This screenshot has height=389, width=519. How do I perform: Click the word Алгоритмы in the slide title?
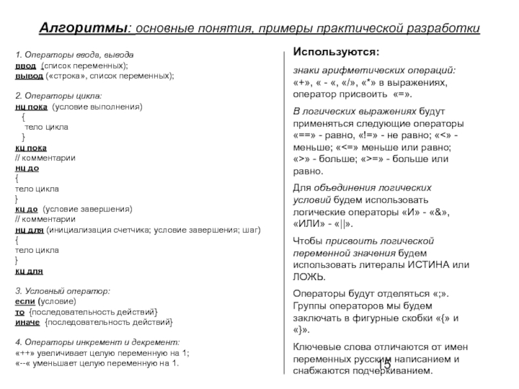pos(85,30)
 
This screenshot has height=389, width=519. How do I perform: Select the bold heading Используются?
pos(337,51)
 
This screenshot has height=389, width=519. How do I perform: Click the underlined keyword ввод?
pos(26,66)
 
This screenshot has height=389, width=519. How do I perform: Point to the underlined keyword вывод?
pos(29,76)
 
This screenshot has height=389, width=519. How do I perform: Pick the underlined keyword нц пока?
pos(30,107)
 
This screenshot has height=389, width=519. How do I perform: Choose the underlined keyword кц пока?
pos(30,148)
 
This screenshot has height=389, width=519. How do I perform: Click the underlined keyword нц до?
pos(27,168)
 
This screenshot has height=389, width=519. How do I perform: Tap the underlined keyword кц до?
pos(27,209)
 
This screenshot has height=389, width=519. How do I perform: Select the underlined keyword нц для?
pos(29,230)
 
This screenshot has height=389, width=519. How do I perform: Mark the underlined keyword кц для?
pos(29,271)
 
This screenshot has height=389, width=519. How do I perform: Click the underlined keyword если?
pos(25,301)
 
